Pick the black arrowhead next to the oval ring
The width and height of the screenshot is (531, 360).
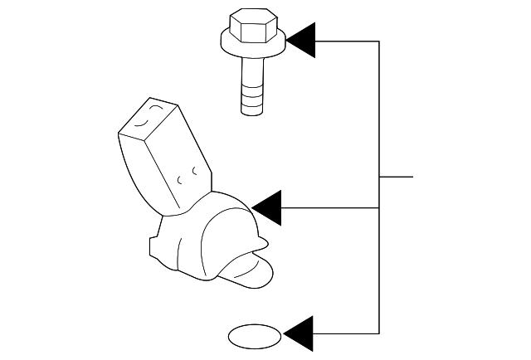[x=299, y=333]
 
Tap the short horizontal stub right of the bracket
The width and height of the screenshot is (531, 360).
[x=396, y=178]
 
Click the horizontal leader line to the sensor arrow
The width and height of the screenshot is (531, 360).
[x=331, y=207]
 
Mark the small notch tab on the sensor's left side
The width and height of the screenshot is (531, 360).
[x=153, y=246]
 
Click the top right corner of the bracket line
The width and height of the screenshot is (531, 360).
[x=380, y=41]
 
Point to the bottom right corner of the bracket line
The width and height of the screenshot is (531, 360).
[x=380, y=333]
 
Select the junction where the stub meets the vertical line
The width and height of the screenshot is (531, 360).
[x=380, y=178]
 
